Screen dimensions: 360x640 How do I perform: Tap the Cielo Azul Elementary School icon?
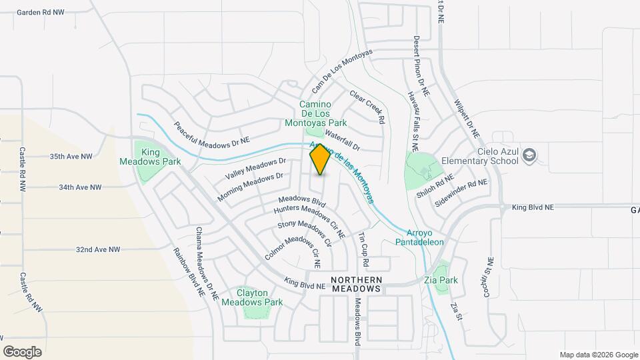[530, 155]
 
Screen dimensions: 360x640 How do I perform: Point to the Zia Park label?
[441, 281]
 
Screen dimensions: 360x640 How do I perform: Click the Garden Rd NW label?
[41, 13]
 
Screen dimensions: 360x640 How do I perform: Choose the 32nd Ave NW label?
[97, 249]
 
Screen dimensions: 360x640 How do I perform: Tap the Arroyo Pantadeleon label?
[425, 237]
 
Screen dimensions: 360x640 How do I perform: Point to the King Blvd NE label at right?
[533, 208]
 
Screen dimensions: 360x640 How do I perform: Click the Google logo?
[22, 351]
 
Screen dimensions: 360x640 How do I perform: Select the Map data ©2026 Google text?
[598, 355]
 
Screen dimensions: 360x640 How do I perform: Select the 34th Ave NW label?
[79, 188]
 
